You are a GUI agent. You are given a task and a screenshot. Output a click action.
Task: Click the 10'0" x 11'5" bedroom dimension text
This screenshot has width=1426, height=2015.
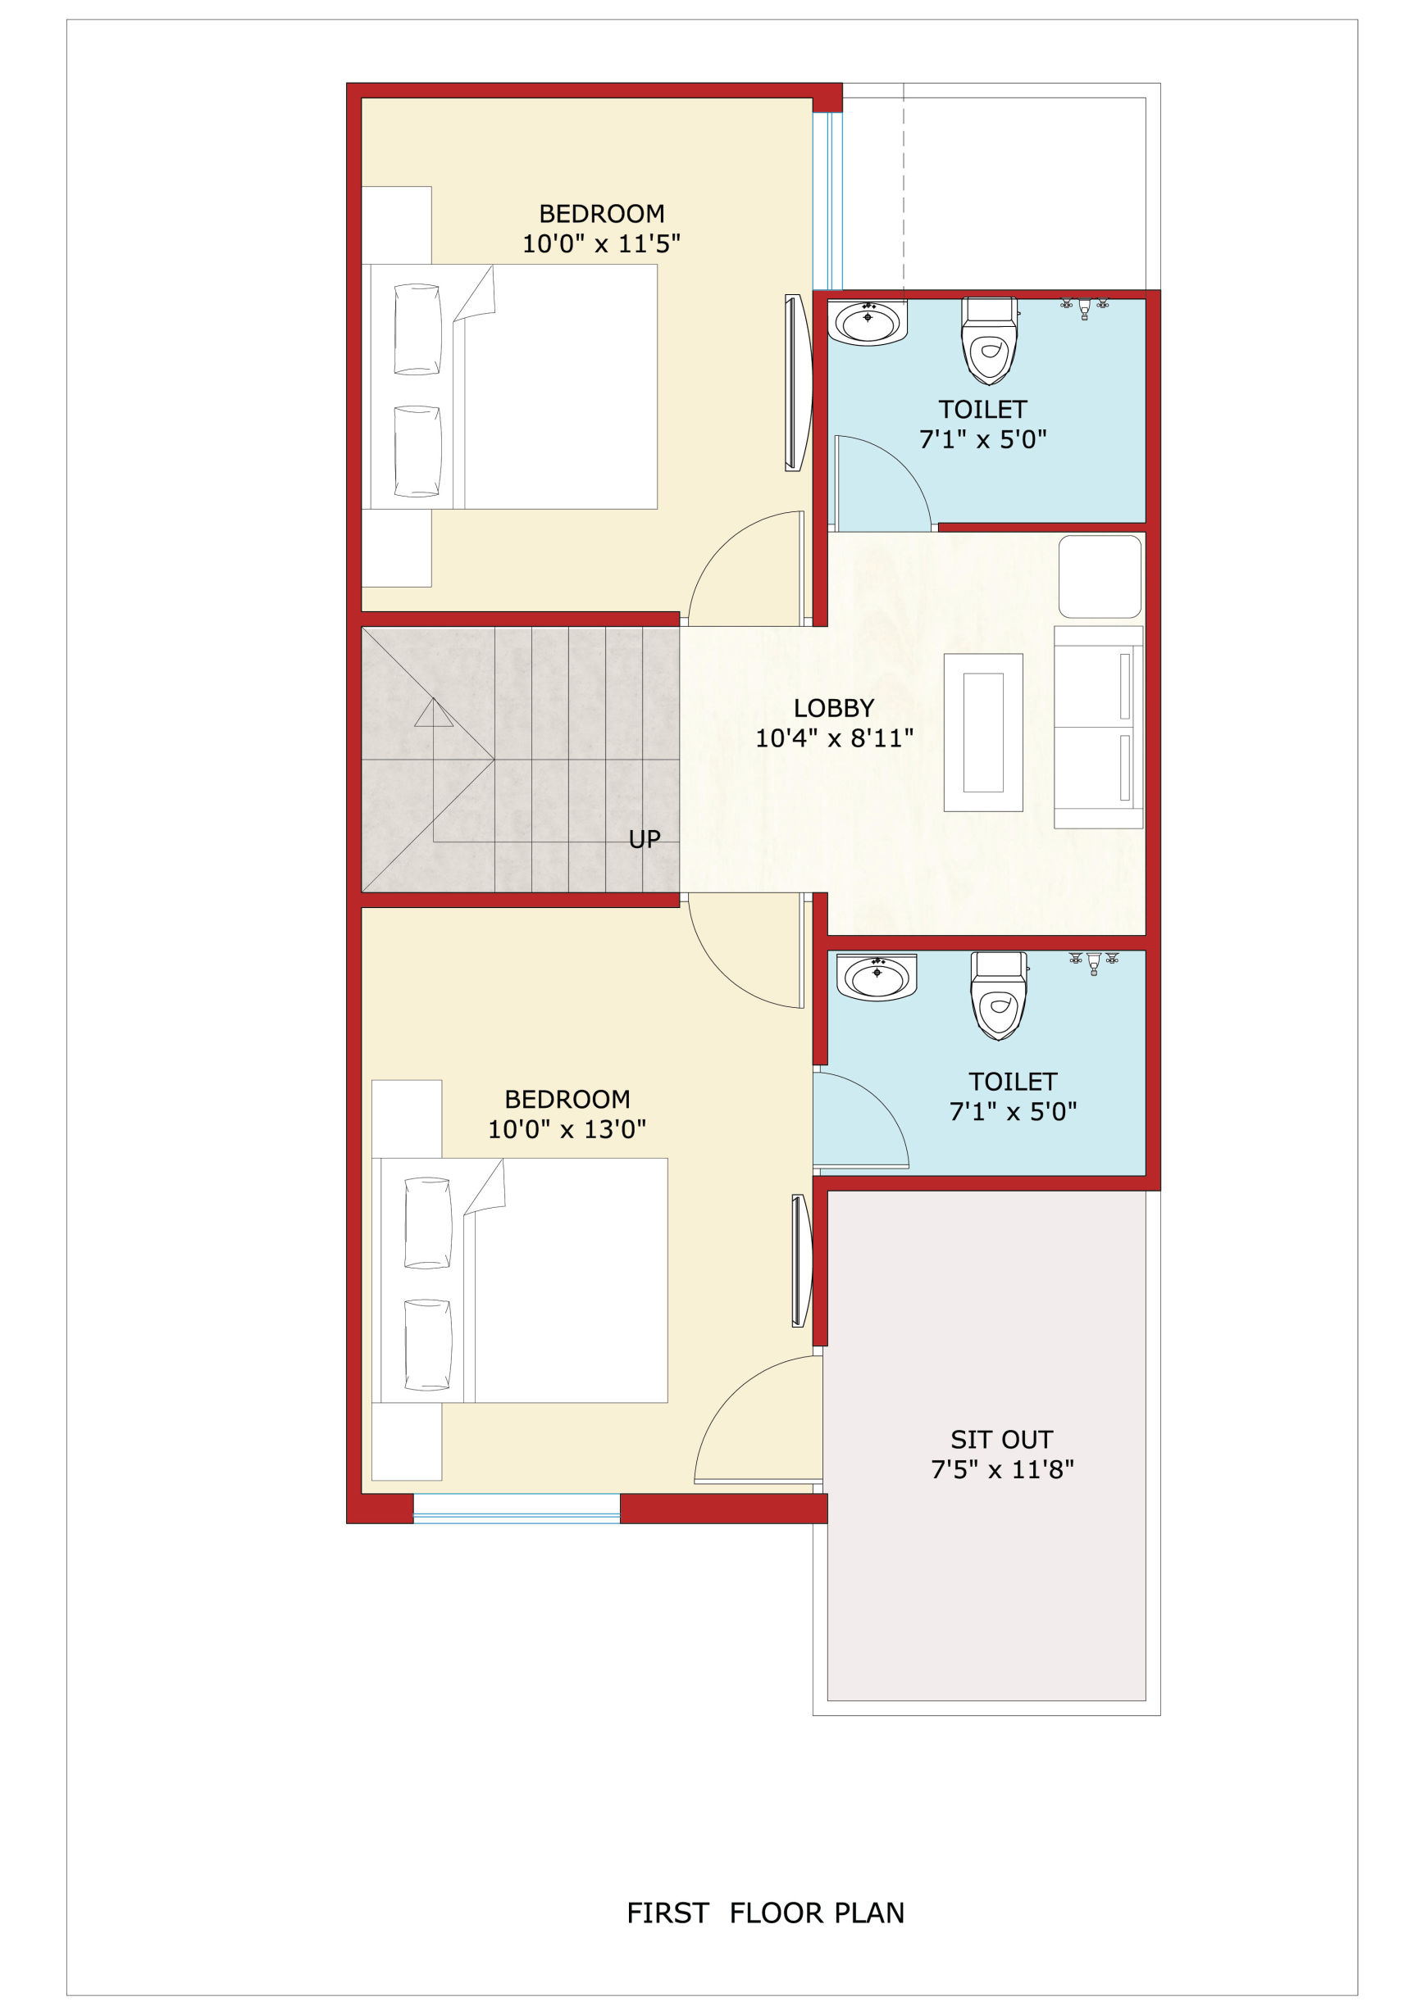tap(602, 244)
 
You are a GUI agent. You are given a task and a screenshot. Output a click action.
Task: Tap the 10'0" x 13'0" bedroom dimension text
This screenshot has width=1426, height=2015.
tap(567, 1129)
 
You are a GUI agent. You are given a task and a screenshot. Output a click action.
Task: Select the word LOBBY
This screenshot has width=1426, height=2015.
tap(834, 708)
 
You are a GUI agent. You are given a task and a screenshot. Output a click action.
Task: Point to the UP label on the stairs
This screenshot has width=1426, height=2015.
tap(645, 840)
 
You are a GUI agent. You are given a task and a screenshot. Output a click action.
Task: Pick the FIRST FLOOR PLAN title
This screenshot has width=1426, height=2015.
tap(765, 1913)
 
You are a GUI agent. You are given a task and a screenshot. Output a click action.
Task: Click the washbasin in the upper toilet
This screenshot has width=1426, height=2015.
tap(868, 322)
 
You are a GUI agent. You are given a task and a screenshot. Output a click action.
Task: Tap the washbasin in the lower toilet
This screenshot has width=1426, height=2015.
tap(877, 977)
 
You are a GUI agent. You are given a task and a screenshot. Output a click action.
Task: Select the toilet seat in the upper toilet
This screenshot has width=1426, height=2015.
tap(990, 342)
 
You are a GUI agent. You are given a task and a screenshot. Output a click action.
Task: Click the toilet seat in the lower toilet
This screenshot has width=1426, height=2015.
tap(999, 996)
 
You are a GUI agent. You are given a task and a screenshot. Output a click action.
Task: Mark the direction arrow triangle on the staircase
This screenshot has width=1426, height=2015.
tap(434, 713)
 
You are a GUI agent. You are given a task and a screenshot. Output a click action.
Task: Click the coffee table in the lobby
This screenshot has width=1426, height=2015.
tap(983, 733)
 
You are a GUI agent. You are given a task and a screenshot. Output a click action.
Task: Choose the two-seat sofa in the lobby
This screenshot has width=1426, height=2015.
tap(1099, 727)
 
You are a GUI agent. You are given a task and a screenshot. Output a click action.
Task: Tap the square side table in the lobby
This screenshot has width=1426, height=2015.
tap(1100, 577)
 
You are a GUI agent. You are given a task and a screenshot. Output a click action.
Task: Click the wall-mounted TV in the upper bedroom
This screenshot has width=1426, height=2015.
tap(796, 383)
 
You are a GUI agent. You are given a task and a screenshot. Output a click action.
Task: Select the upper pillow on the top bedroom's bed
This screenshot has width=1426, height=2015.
tap(417, 329)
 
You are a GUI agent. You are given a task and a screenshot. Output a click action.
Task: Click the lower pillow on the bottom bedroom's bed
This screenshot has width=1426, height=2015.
tap(427, 1345)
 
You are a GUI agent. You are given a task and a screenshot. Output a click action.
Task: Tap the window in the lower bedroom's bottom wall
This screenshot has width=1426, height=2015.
tap(517, 1509)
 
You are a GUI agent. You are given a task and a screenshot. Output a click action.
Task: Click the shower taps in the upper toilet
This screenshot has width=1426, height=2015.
tap(1084, 307)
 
